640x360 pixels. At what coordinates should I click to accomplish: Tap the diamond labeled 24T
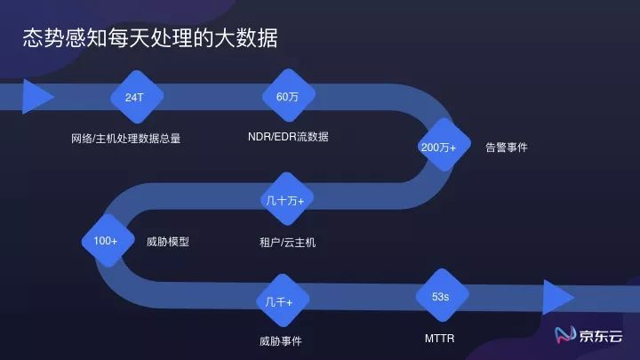pyautogui.click(x=134, y=96)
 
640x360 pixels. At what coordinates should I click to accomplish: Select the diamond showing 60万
pyautogui.click(x=287, y=96)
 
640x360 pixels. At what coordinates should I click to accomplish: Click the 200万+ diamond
pyautogui.click(x=438, y=148)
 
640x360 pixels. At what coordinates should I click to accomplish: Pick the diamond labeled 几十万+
pyautogui.click(x=284, y=201)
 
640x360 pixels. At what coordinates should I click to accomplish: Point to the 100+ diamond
pyautogui.click(x=106, y=241)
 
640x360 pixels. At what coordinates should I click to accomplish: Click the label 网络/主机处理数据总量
pyautogui.click(x=125, y=139)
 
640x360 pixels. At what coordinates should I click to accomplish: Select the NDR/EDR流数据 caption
pyautogui.click(x=288, y=137)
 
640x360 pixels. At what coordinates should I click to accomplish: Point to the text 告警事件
pyautogui.click(x=506, y=148)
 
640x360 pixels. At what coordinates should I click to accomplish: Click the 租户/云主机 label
pyautogui.click(x=287, y=242)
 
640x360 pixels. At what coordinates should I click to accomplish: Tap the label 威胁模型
pyautogui.click(x=168, y=241)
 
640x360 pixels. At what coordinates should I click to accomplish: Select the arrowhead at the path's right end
pyautogui.click(x=557, y=296)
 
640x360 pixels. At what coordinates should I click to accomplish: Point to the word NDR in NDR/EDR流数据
pyautogui.click(x=260, y=137)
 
